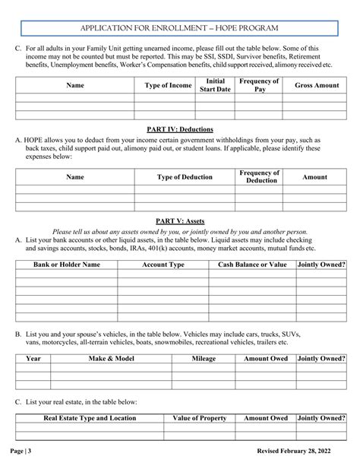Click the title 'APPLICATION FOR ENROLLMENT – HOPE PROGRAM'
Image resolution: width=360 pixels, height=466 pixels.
pyautogui.click(x=179, y=27)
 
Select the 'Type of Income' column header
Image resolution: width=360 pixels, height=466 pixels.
pyautogui.click(x=168, y=86)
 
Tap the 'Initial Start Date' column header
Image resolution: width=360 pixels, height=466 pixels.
pyautogui.click(x=215, y=85)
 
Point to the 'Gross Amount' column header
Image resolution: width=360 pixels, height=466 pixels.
pyautogui.click(x=317, y=86)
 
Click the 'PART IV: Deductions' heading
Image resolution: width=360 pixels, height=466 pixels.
pyautogui.click(x=179, y=129)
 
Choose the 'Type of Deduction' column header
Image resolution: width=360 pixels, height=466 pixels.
pyautogui.click(x=185, y=177)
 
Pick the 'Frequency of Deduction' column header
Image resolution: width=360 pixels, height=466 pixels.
pyautogui.click(x=259, y=177)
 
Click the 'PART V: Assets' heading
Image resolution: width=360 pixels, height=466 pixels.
pyautogui.click(x=179, y=220)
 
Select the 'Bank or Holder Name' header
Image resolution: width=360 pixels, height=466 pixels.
pyautogui.click(x=67, y=265)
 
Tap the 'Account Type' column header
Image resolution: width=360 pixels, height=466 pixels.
pyautogui.click(x=163, y=265)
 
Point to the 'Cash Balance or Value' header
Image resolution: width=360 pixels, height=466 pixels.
pyautogui.click(x=252, y=265)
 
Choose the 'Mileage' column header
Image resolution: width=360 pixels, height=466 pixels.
pyautogui.click(x=204, y=357)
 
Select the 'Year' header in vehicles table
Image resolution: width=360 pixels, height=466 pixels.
pyautogui.click(x=33, y=357)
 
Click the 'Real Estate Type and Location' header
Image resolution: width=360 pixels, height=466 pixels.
pyautogui.click(x=90, y=418)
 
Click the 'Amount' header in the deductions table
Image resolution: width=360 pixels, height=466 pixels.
pyautogui.click(x=315, y=177)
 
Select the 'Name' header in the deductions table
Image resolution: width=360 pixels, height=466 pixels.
pyautogui.click(x=75, y=177)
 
